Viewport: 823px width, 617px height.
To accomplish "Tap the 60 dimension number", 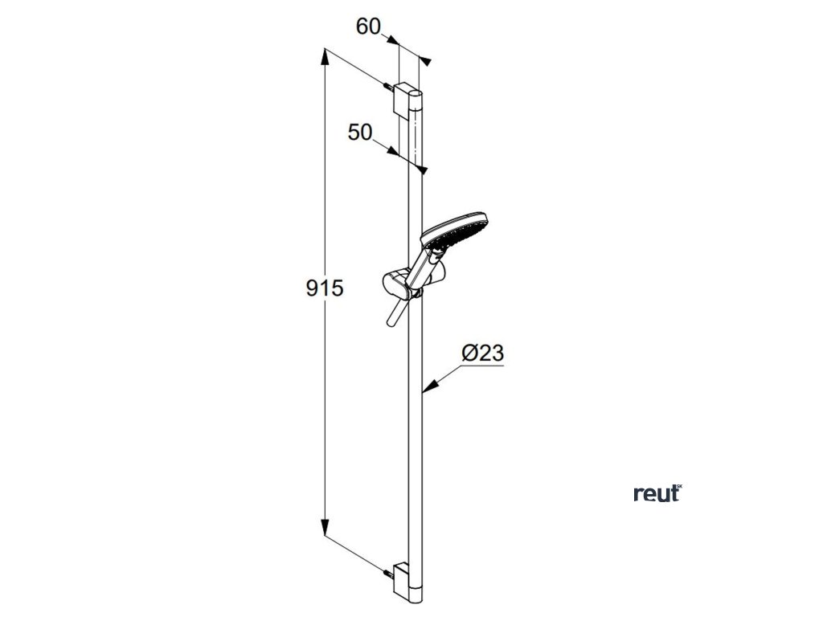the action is tap(368, 27).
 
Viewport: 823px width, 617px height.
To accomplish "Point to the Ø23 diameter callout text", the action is tap(483, 353).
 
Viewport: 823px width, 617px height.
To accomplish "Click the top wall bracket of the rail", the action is tap(403, 99).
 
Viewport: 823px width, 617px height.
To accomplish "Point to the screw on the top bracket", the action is tap(388, 86).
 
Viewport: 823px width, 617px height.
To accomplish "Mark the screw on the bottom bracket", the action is tap(390, 573).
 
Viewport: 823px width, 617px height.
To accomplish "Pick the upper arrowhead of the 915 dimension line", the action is tap(325, 55).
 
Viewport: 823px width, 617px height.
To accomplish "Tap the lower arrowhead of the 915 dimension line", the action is tap(325, 530).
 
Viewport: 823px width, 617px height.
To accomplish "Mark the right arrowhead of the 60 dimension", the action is tap(427, 61).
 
